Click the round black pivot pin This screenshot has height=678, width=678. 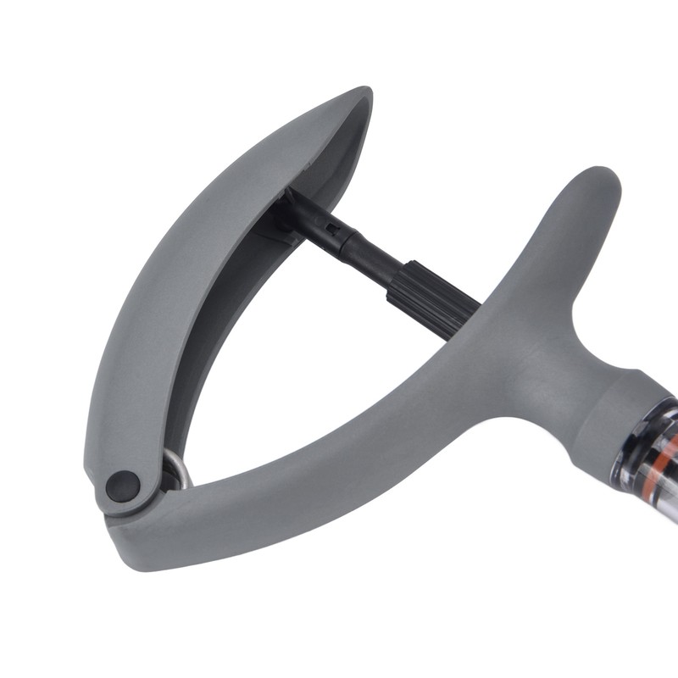tap(123, 486)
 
